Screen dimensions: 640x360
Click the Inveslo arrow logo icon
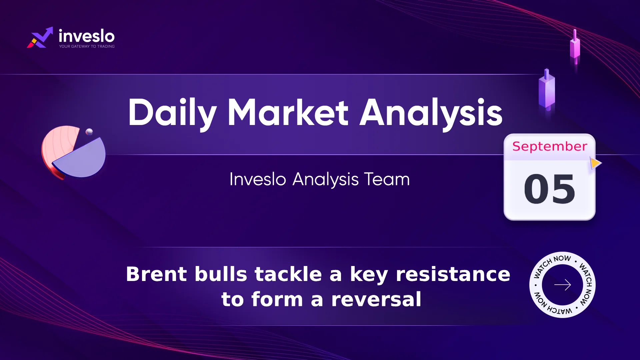pos(40,37)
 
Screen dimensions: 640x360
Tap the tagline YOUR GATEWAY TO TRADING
pos(87,46)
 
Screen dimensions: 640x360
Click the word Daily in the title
pos(172,113)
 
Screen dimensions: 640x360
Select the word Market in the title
pos(288,112)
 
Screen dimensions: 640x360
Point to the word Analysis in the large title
pos(431,113)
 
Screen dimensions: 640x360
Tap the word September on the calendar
pos(550,146)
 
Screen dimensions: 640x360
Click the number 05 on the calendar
pos(550,189)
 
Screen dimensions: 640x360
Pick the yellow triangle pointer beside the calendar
pos(596,163)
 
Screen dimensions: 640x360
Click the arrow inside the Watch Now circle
pos(562,285)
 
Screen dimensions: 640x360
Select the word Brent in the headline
pos(157,274)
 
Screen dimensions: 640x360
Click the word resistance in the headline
pos(453,274)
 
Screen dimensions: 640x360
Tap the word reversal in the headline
pos(376,299)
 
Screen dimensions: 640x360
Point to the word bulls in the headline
pos(221,274)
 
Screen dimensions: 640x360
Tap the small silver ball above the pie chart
pos(89,132)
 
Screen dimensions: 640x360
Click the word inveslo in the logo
pos(87,36)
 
